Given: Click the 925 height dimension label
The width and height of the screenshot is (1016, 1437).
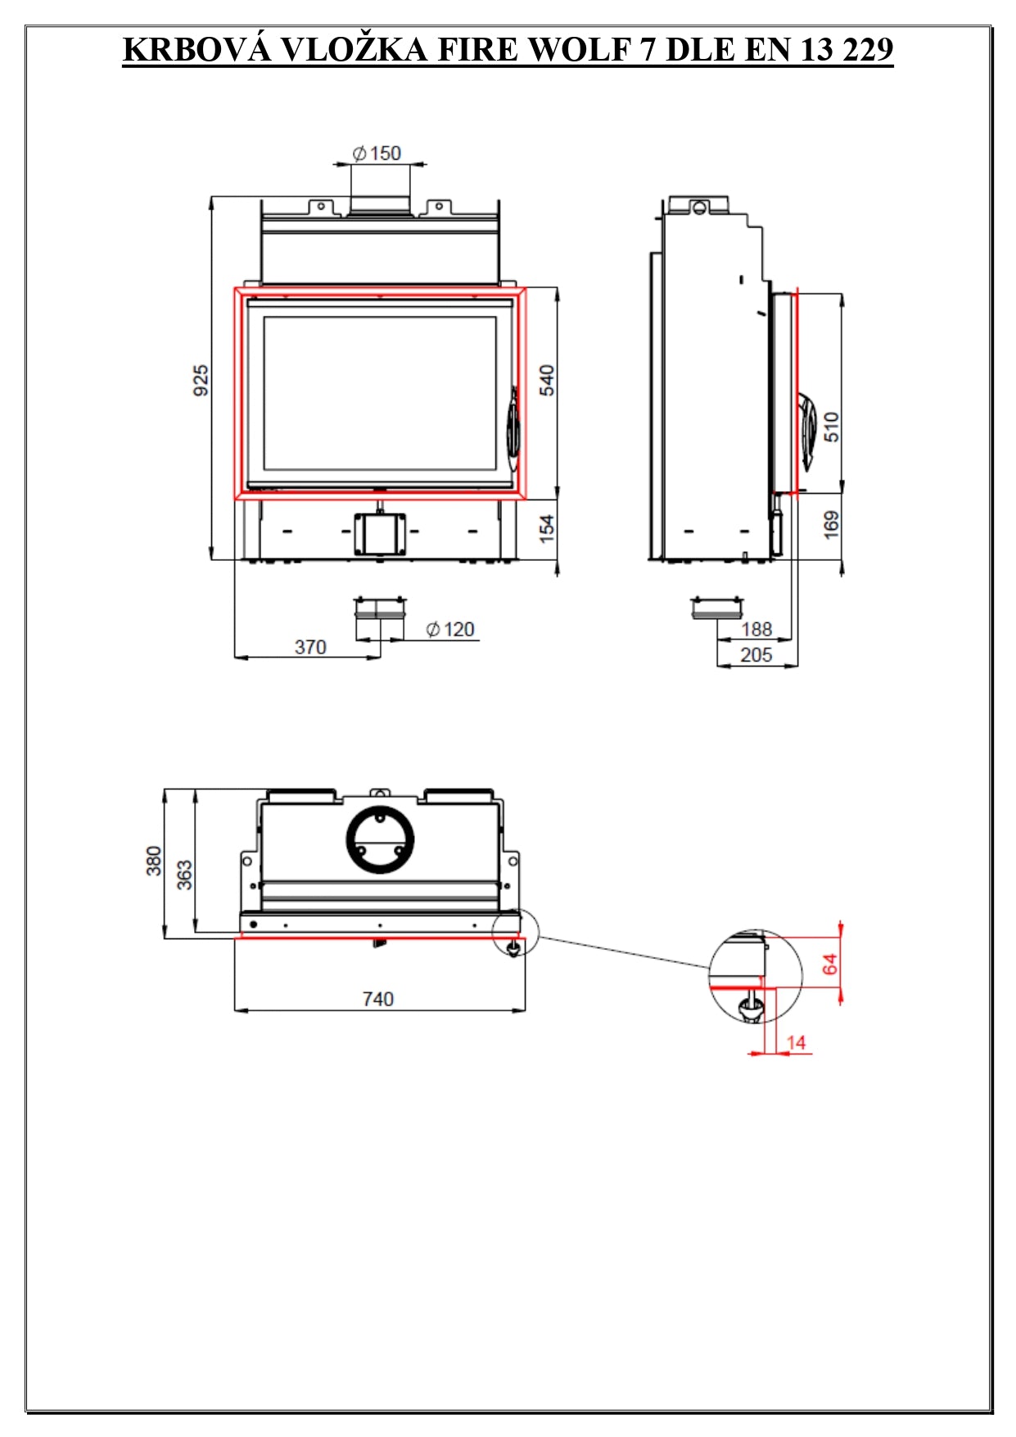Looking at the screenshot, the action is coord(201,381).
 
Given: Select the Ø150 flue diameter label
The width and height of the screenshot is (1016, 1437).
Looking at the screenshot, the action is coord(377,153).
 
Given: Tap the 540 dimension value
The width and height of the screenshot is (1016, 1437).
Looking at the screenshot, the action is coord(547,380).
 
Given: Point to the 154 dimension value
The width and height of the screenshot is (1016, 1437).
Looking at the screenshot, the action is coord(547,528).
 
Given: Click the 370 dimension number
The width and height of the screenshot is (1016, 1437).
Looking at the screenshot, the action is coord(310,647).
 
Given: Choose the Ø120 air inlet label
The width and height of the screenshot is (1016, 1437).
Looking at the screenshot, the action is coord(450,629).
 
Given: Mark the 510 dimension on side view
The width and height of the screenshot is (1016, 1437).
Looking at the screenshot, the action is coord(832,427).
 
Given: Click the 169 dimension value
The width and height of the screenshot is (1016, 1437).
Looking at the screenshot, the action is coord(832,525).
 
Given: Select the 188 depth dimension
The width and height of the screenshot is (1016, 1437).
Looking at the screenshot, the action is coord(756,629).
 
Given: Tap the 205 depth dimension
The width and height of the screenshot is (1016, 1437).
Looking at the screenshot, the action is coord(756,655).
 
